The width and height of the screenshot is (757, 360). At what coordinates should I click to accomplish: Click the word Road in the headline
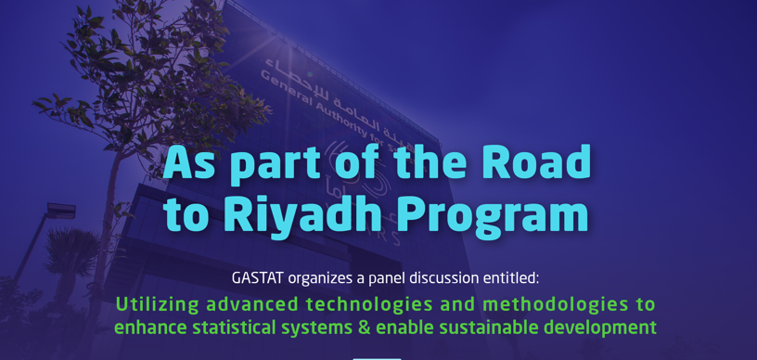pos(535,162)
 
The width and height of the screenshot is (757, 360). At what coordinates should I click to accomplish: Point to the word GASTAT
pos(258,277)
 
